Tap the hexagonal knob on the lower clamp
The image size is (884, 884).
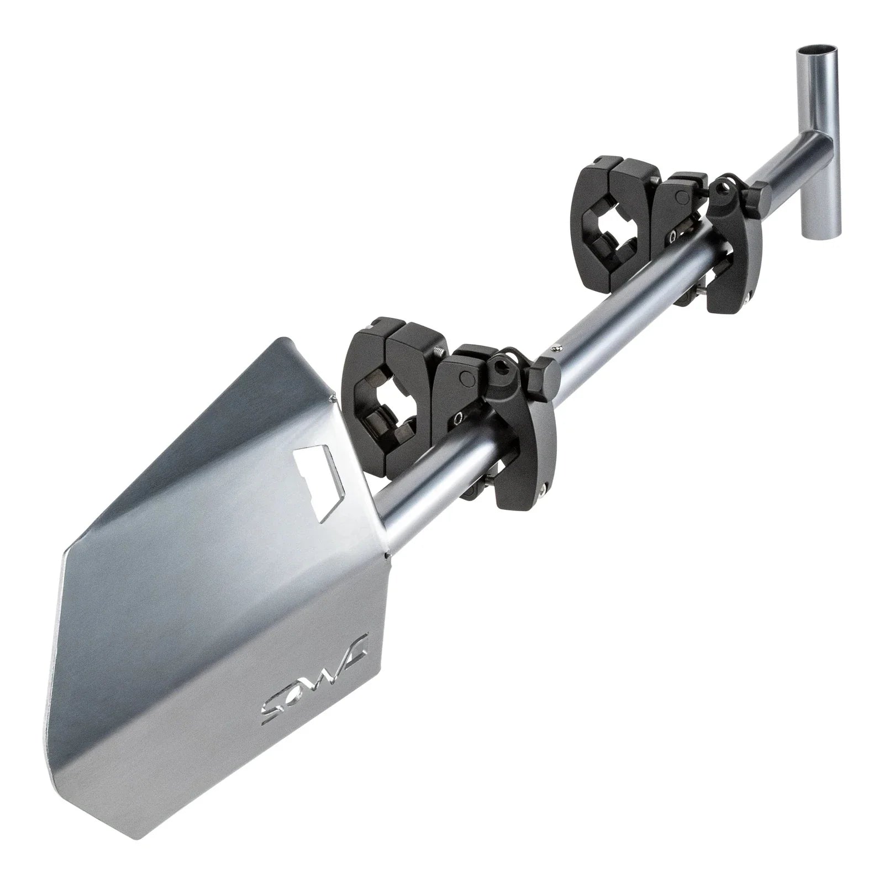544,376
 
